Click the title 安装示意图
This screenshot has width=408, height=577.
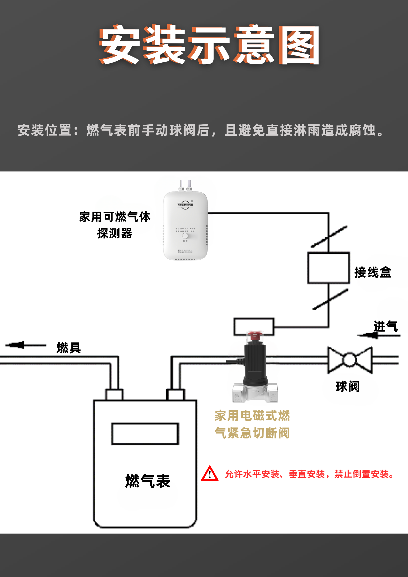click(x=209, y=45)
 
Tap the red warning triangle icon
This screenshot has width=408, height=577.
click(x=210, y=473)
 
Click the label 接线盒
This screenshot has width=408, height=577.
click(x=373, y=272)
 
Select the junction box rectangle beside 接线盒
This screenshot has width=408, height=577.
click(x=328, y=268)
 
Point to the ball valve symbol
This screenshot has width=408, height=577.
click(x=350, y=360)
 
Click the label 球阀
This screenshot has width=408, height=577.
click(x=348, y=387)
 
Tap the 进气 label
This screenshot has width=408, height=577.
click(x=386, y=326)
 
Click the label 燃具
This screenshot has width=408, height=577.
click(x=69, y=348)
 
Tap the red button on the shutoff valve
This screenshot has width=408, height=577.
click(x=255, y=335)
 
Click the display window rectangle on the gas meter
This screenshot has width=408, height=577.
click(x=145, y=434)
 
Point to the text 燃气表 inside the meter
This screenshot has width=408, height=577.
click(x=148, y=481)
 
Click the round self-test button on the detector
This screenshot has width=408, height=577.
click(x=185, y=236)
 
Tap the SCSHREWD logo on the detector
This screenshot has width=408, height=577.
click(x=185, y=205)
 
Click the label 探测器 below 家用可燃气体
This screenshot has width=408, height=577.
click(x=115, y=233)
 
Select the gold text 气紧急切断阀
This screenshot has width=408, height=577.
click(x=252, y=433)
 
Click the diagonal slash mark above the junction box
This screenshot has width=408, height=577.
click(x=329, y=237)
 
